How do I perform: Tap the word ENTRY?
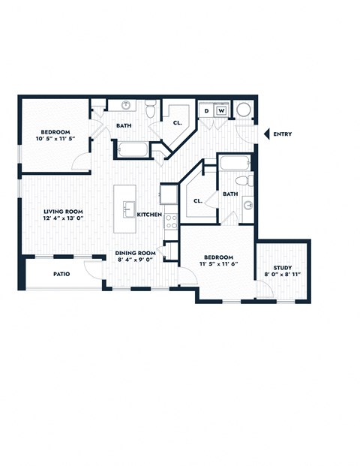pos(283,134)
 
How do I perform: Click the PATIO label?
pos(61,274)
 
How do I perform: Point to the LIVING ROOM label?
pos(63,212)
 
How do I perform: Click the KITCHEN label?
pos(149,215)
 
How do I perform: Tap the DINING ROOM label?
pos(135,253)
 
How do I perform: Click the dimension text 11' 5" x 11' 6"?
pos(217,264)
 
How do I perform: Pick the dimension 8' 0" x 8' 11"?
pos(282,275)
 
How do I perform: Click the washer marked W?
pos(221,111)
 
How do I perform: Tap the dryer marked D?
pos(207,111)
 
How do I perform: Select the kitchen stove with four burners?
pos(170,221)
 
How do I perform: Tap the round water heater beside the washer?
pos(244,110)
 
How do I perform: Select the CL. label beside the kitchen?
pos(196,200)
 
